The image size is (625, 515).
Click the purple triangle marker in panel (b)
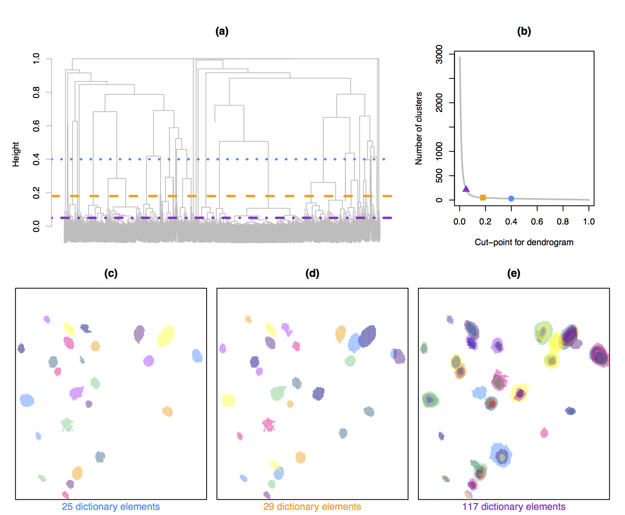pos(466,189)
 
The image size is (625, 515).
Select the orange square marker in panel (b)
pos(483,198)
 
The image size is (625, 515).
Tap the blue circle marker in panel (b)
pos(511,198)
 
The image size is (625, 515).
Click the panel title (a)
pos(222,31)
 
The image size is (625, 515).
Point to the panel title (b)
pos(524,31)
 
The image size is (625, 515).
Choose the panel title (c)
pos(111,273)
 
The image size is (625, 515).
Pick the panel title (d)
pos(312,273)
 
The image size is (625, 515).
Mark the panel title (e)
pos(514,273)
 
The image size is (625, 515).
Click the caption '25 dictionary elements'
pos(111,506)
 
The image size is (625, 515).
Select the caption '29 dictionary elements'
pos(312,506)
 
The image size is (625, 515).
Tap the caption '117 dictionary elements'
pos(514,506)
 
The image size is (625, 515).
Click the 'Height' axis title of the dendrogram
pos(16,154)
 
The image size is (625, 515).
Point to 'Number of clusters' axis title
pos(419,128)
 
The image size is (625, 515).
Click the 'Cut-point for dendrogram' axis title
pos(524,242)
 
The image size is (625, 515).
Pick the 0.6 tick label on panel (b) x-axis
pos(537,221)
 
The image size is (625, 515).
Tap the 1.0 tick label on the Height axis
pos(36,59)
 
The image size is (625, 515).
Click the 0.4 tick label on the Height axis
pos(36,159)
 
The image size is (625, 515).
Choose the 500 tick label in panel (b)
pos(439,176)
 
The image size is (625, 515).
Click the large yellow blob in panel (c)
pos(166,336)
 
